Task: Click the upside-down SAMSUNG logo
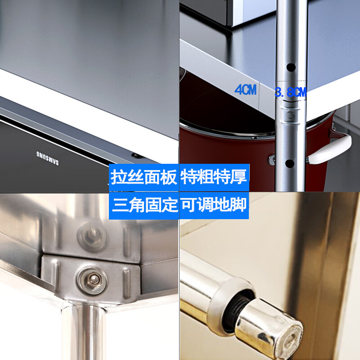[x=47, y=157]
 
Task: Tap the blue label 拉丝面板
[x=144, y=177]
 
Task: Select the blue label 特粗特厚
[x=214, y=177]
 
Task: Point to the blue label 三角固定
[x=144, y=206]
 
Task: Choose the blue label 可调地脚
[x=214, y=206]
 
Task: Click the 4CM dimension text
[x=245, y=90]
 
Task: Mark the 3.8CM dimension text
[x=291, y=93]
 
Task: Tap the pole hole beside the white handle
[x=290, y=163]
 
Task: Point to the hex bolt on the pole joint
[x=290, y=116]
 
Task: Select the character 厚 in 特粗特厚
[x=239, y=177]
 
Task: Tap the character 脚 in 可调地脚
[x=239, y=206]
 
